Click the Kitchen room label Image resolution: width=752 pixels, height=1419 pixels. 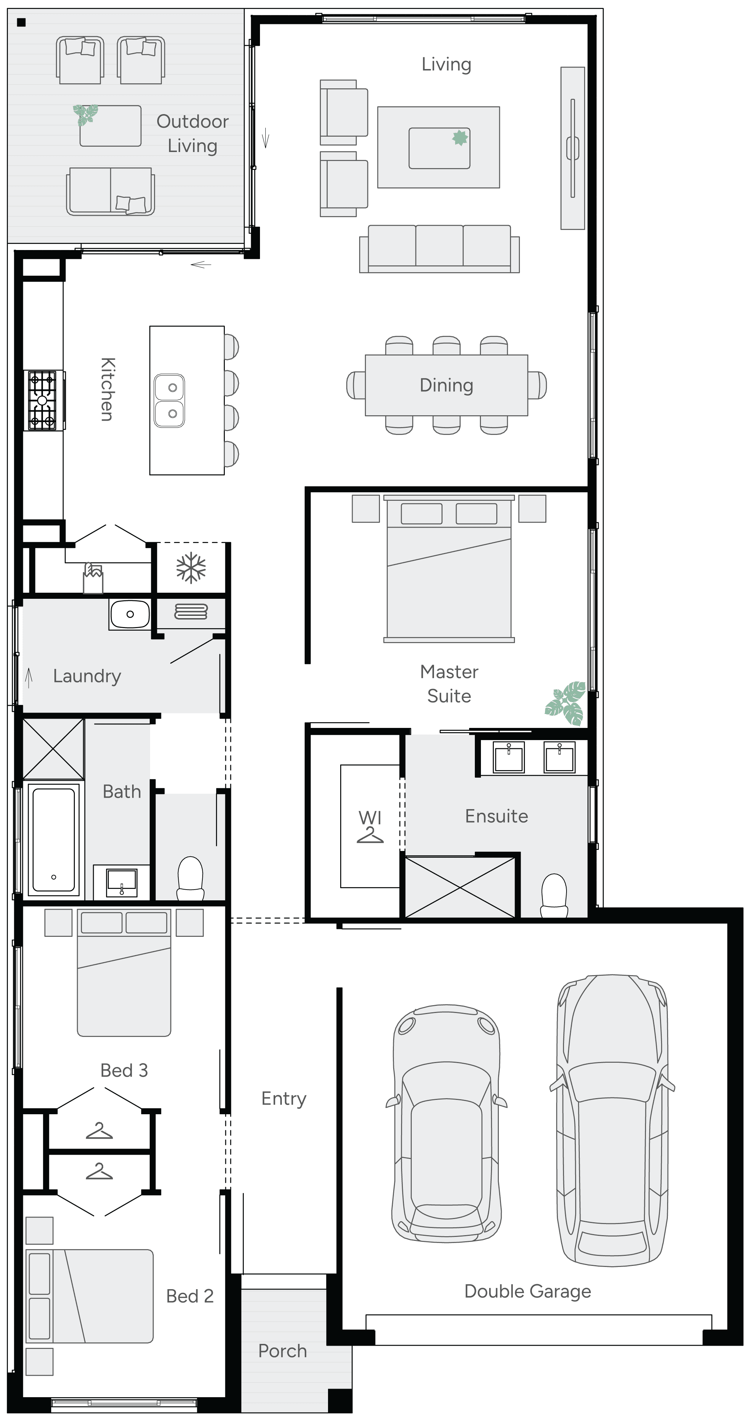pyautogui.click(x=107, y=390)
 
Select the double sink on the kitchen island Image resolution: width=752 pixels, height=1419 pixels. pyautogui.click(x=169, y=401)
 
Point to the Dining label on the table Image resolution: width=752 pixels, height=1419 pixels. pyautogui.click(x=446, y=385)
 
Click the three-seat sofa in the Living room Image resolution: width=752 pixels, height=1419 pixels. pyautogui.click(x=439, y=249)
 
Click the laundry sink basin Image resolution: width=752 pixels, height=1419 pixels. pyautogui.click(x=130, y=614)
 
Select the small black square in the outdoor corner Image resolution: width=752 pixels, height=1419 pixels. pyautogui.click(x=21, y=23)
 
